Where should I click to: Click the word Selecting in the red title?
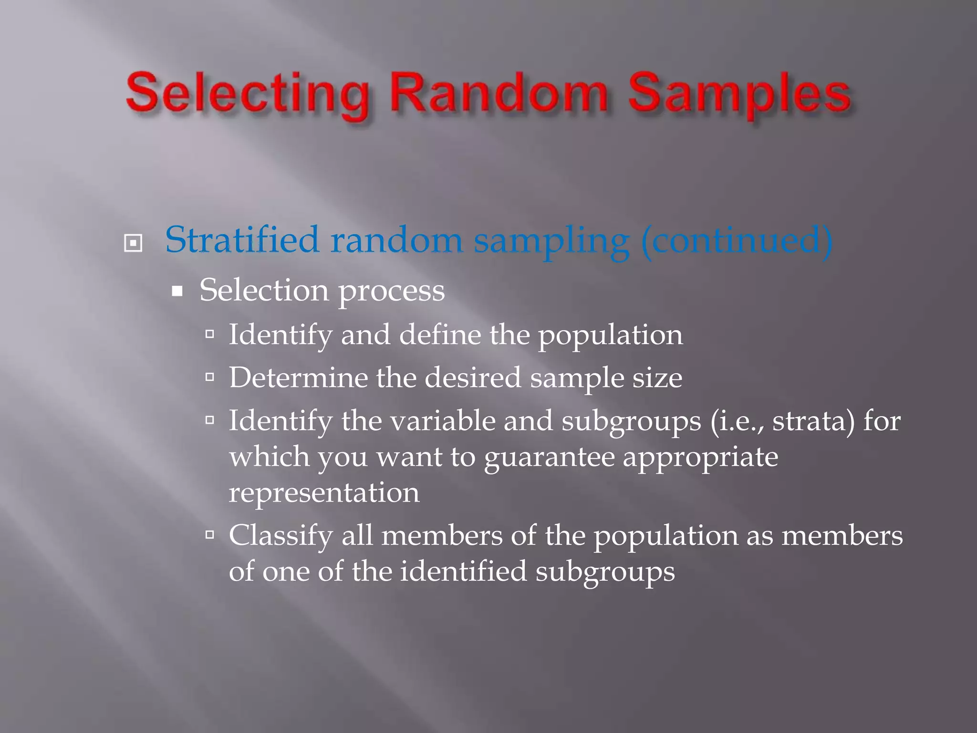248,94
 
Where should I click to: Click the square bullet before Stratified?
133,243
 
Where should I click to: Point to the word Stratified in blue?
242,240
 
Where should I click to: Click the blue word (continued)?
737,241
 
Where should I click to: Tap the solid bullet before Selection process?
177,291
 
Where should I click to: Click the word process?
392,291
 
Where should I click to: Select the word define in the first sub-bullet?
440,335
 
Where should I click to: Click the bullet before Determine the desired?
209,377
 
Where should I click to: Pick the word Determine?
298,377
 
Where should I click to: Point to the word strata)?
813,421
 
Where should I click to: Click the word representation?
324,492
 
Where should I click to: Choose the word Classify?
281,536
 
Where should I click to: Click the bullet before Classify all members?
209,535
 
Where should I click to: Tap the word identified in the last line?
463,571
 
